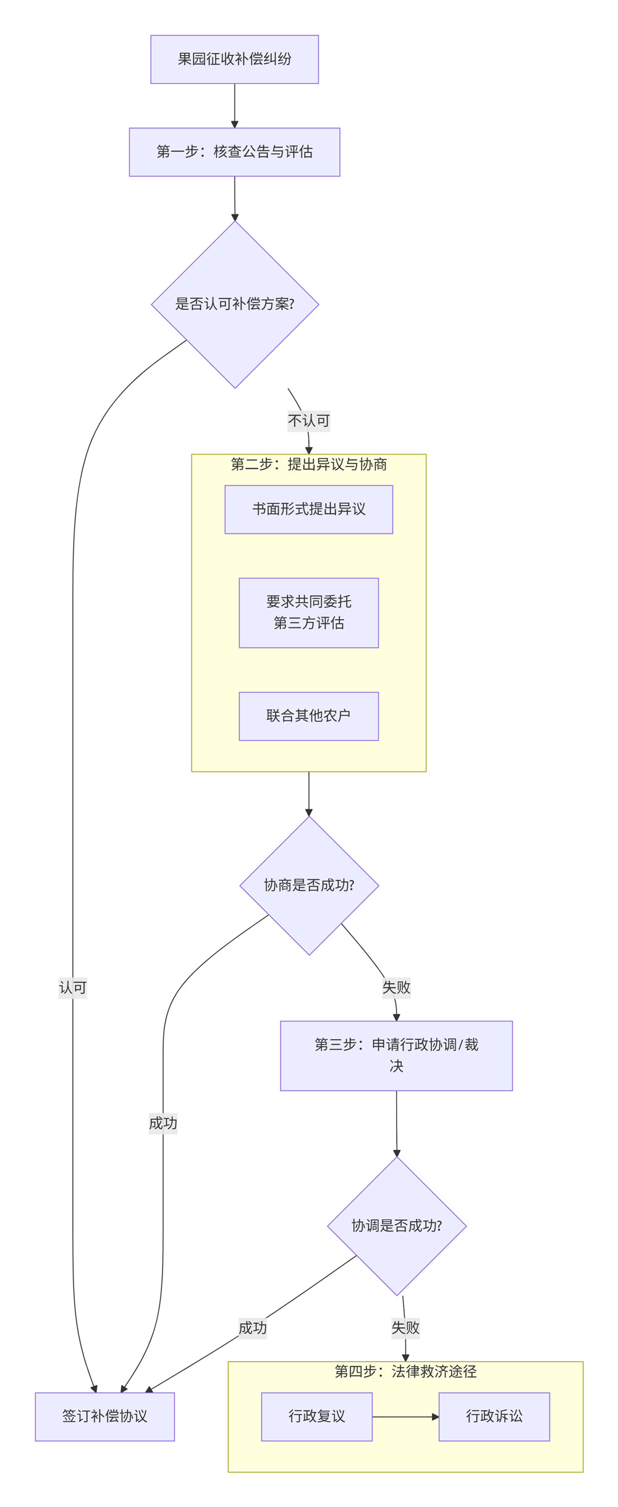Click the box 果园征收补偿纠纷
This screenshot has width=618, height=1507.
tap(234, 59)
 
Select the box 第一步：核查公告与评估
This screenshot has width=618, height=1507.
tap(234, 152)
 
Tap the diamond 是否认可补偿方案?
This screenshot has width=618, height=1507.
tap(235, 305)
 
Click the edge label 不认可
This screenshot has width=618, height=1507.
tap(308, 421)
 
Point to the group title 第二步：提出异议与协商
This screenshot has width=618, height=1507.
tap(308, 465)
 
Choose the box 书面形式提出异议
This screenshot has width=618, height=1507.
tap(308, 509)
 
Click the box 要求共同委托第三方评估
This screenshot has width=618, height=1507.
tap(308, 612)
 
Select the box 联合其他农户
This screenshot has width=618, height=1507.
tap(308, 716)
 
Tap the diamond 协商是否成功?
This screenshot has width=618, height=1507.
tap(309, 885)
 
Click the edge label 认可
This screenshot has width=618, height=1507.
tap(72, 987)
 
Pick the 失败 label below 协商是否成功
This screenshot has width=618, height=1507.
tap(396, 987)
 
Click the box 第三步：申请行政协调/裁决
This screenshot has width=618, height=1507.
tap(396, 1055)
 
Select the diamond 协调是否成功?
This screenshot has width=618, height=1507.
tap(397, 1226)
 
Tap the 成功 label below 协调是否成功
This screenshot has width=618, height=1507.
tap(252, 1328)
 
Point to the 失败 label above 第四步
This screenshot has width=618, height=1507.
tap(405, 1327)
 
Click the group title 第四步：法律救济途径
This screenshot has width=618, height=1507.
tap(405, 1372)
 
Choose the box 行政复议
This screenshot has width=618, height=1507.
tap(316, 1416)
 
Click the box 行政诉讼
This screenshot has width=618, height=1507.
tap(494, 1416)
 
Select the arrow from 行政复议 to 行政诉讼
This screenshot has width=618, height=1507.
tap(405, 1416)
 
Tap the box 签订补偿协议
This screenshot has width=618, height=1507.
tap(104, 1416)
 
